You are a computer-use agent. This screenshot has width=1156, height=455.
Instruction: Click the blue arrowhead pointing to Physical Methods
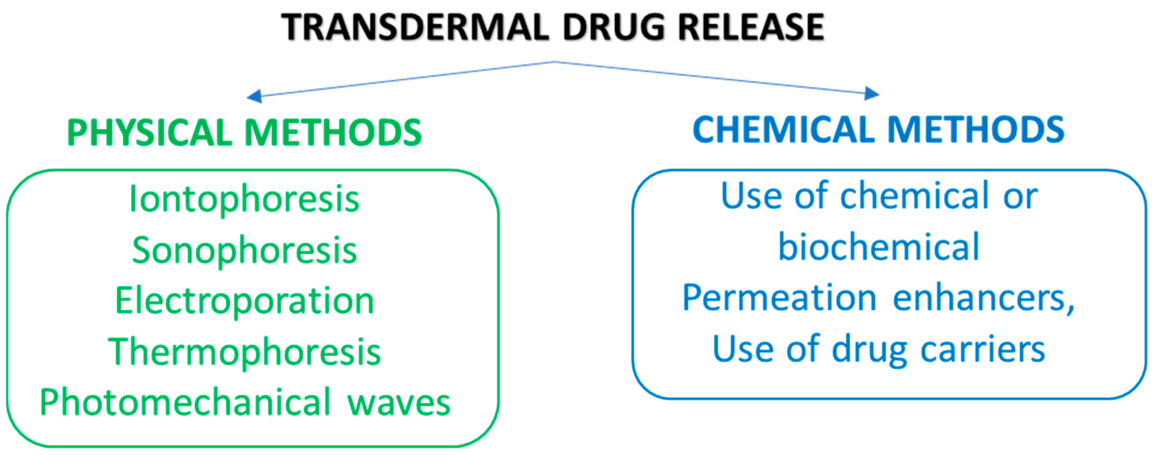255,96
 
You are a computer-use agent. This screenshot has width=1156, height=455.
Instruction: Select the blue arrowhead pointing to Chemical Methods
872,93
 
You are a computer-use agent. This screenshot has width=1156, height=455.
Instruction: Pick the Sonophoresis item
245,251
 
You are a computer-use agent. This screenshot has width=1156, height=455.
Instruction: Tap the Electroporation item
245,301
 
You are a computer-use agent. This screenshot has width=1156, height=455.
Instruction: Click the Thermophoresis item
245,352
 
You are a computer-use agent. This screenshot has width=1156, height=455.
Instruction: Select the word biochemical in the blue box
878,247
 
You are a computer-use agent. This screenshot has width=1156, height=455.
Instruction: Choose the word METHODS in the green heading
333,133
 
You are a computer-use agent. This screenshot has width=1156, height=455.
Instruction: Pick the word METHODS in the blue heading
976,129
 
